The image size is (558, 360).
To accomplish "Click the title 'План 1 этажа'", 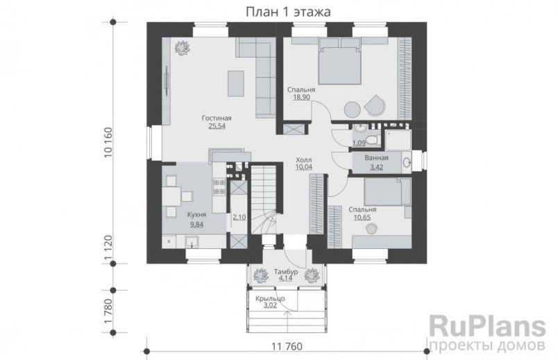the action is click(x=288, y=12).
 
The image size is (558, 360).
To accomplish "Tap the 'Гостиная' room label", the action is click(x=217, y=118).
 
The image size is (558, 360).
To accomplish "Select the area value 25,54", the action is click(x=217, y=126).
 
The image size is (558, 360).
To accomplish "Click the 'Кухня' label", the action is click(x=197, y=215).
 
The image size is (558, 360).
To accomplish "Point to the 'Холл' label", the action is click(x=303, y=160).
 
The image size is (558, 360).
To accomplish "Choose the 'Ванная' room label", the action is click(x=376, y=158).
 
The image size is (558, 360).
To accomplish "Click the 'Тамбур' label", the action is click(x=286, y=272).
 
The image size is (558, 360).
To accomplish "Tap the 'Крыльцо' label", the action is click(x=270, y=299).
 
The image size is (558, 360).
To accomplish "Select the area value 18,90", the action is click(x=301, y=98).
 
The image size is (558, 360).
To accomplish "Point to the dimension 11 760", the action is click(x=287, y=346).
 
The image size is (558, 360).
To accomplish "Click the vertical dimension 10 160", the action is click(x=108, y=142).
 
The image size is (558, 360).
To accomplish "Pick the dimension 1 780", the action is click(x=108, y=311).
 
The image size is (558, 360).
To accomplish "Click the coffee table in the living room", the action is click(x=236, y=83).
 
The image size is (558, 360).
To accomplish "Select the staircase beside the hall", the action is click(x=264, y=199).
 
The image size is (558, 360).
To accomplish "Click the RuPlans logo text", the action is click(x=487, y=327).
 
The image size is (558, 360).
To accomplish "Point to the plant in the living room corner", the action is click(x=183, y=47).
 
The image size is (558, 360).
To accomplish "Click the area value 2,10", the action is click(x=239, y=217).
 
